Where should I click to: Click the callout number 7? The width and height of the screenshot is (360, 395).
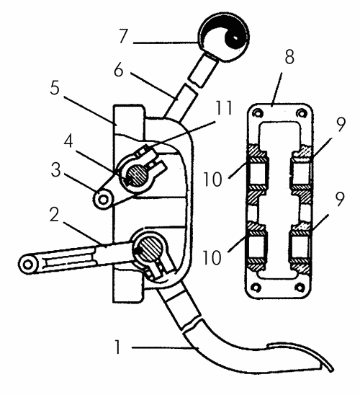click(123, 37)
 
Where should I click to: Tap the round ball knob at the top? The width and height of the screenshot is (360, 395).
click(225, 37)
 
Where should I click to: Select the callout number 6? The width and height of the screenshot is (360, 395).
click(119, 70)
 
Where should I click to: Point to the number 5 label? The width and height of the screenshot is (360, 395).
click(55, 88)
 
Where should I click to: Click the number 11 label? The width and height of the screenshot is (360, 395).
click(223, 108)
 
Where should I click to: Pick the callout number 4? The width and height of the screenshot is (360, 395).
click(68, 141)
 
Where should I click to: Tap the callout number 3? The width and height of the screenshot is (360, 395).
click(56, 170)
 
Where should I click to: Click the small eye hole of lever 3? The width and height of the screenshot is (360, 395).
click(103, 200)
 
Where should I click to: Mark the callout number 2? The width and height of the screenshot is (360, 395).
click(55, 215)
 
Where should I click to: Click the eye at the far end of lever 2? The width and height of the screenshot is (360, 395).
click(28, 265)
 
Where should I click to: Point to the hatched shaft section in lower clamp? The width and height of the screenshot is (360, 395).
click(150, 248)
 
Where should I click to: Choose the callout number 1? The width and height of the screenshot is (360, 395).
click(117, 347)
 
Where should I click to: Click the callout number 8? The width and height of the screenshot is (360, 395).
click(289, 57)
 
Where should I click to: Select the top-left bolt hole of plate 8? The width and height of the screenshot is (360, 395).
click(257, 113)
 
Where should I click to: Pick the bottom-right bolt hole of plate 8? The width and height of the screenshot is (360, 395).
click(300, 287)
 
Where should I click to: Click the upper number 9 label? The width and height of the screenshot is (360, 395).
click(341, 124)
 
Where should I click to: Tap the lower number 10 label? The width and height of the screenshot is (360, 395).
click(212, 258)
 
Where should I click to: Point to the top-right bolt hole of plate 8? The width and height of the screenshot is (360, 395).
click(301, 113)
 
